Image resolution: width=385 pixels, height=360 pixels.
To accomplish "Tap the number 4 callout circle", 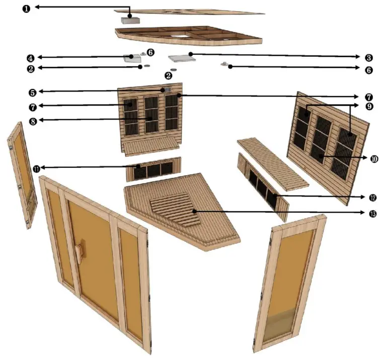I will (30, 57).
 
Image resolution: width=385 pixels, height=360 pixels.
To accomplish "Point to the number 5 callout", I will (32, 92).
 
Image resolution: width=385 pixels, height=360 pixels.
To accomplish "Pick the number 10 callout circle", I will (373, 159).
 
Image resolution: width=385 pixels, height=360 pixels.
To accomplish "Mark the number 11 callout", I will (36, 168).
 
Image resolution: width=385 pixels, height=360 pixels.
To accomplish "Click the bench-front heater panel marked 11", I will (153, 170).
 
